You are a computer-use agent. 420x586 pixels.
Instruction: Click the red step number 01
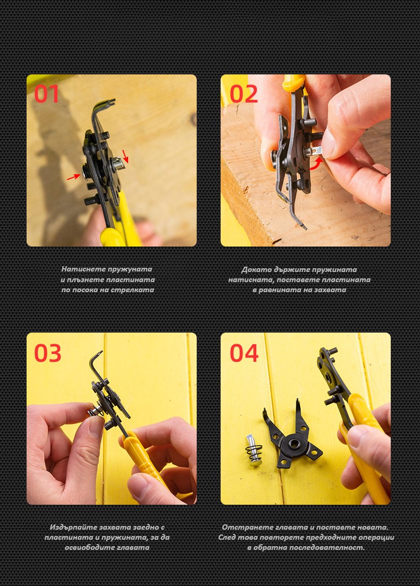(x=47, y=94)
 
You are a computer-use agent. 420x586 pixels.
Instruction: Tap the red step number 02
(x=243, y=94)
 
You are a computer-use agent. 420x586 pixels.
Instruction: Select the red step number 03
(x=47, y=353)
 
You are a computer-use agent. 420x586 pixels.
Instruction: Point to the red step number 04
(x=244, y=353)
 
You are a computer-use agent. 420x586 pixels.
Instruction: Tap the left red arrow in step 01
(x=73, y=177)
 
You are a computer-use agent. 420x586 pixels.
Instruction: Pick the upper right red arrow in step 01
(x=125, y=156)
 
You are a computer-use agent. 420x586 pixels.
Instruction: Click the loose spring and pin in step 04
(x=254, y=450)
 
